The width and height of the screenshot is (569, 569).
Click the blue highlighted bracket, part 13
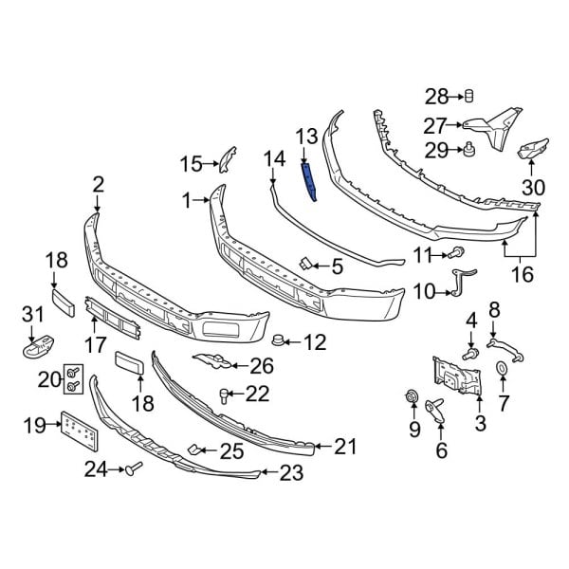309,179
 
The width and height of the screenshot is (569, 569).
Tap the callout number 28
435,96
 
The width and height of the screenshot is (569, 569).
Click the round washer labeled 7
501,369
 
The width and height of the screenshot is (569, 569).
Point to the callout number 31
32,315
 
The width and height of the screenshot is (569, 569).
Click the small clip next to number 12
279,340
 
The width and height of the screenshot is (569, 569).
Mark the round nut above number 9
413,395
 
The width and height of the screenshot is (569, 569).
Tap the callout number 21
349,445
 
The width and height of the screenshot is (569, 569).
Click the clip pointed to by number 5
306,264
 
